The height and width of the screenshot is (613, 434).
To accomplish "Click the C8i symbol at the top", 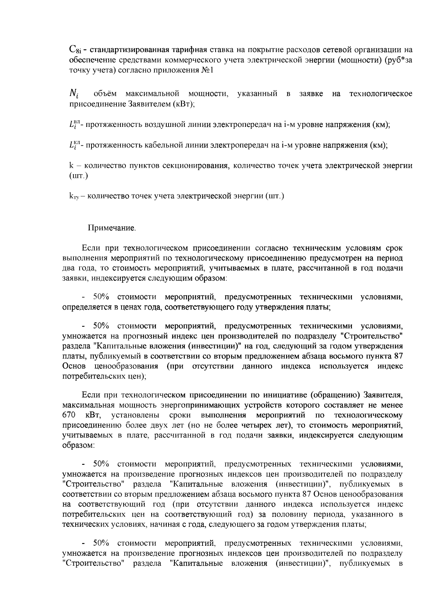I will click(x=76, y=50).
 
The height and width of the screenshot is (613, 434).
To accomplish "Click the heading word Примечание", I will click(x=112, y=228).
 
